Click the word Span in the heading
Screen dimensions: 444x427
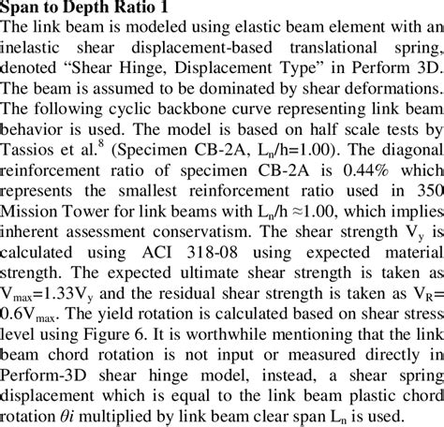23,10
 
